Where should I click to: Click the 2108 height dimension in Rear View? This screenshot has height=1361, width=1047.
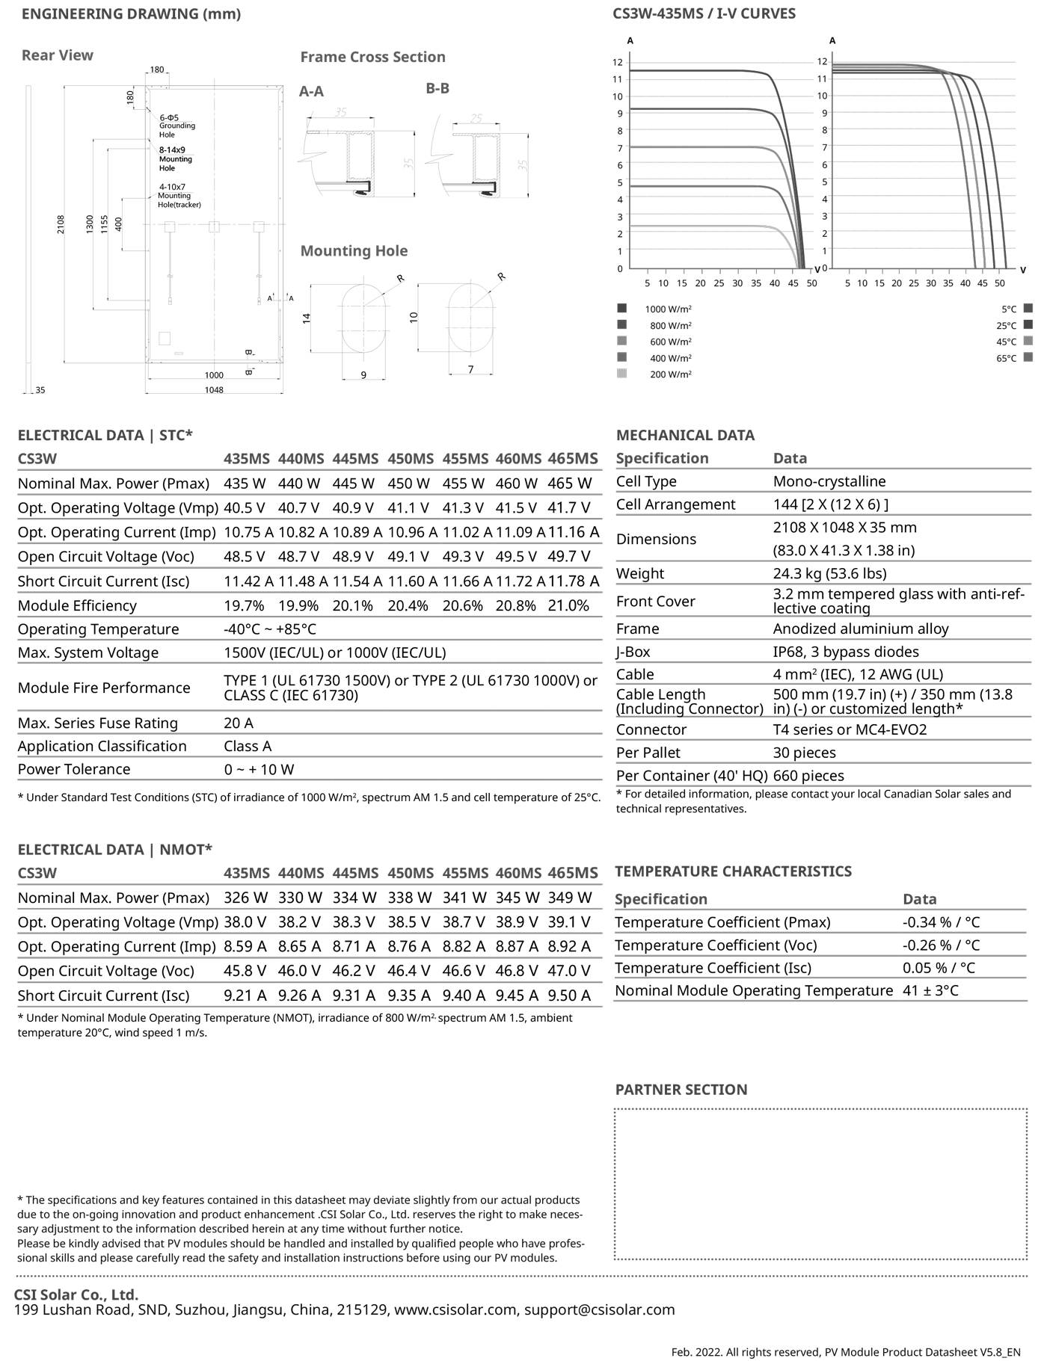[x=61, y=224]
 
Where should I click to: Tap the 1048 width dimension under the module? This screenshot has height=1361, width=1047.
[x=214, y=389]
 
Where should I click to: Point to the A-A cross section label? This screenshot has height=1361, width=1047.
[x=311, y=91]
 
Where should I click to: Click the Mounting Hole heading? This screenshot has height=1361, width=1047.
[x=354, y=251]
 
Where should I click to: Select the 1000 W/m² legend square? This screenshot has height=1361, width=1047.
[x=622, y=308]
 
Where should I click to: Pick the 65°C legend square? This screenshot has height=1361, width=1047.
[x=1028, y=358]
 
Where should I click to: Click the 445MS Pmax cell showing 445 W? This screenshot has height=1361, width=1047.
[x=354, y=484]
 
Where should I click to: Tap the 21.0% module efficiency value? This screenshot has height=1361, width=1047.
[x=568, y=605]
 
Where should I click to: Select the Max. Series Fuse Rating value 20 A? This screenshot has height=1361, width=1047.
[x=238, y=723]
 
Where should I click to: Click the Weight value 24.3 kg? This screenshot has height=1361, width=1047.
[x=829, y=573]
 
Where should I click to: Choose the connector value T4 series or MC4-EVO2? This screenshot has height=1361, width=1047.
[x=850, y=729]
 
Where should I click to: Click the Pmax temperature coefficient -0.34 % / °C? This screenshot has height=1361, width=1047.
[x=941, y=922]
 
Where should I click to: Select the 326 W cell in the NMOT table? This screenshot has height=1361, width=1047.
[x=245, y=898]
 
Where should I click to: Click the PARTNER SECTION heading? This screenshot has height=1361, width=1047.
[x=681, y=1090]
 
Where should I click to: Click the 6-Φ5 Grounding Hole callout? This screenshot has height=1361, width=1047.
[x=176, y=126]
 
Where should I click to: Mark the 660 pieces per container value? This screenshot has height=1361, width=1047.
[x=808, y=776]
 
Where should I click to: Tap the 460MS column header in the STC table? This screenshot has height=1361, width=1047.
[x=518, y=459]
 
